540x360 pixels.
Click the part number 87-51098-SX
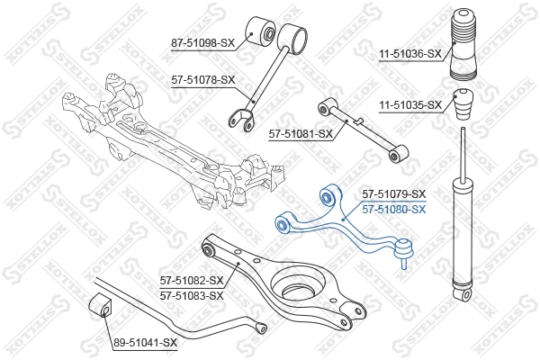(x=202, y=41)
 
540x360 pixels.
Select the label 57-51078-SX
(x=202, y=79)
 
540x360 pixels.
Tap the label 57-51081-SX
(x=301, y=134)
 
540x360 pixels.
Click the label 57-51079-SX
(x=393, y=194)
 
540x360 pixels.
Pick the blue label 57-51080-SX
(x=393, y=209)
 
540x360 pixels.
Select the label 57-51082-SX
(x=191, y=281)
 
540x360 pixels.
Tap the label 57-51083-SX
(x=191, y=295)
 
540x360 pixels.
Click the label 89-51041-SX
(x=146, y=343)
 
